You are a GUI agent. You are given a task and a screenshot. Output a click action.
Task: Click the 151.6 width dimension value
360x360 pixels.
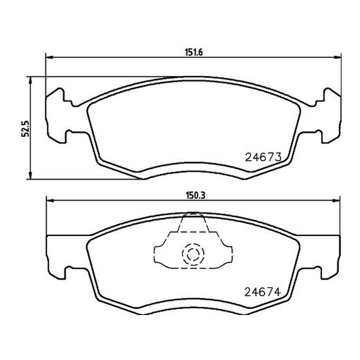point(194,53)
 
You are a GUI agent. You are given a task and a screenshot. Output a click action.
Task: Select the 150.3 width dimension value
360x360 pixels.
point(195,196)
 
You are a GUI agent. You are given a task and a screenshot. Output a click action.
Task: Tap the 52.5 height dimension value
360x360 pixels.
point(25,129)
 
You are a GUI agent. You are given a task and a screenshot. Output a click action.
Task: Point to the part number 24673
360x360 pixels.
point(263,157)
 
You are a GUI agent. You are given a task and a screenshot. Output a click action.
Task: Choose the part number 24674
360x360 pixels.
point(263,292)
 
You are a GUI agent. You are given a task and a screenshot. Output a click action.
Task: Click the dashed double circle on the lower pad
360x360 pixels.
point(193,254)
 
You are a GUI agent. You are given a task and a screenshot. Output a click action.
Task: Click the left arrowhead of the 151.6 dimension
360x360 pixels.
point(49,57)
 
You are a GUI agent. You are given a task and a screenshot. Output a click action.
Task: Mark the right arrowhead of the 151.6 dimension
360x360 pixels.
point(337,57)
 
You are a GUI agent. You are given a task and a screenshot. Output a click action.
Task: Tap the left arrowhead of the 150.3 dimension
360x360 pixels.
point(50,201)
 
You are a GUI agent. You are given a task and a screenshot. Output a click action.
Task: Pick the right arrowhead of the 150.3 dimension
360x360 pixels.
point(336,201)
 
